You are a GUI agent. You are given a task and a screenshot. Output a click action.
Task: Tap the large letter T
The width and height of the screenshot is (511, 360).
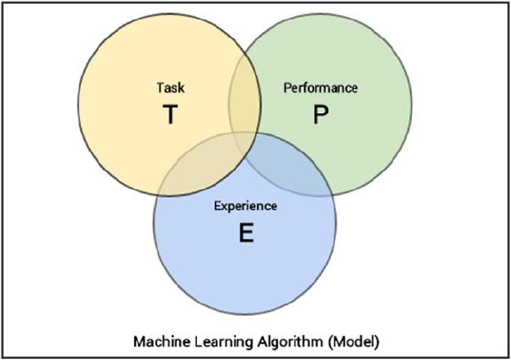point(168,115)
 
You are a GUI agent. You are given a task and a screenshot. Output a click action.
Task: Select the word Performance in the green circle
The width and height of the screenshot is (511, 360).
point(320,86)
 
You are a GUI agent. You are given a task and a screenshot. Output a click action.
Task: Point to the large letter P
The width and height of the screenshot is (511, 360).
point(320,115)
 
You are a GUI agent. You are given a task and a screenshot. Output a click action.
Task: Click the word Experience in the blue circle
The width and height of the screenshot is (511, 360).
point(245,206)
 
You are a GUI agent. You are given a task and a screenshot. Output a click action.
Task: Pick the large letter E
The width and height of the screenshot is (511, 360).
point(245,234)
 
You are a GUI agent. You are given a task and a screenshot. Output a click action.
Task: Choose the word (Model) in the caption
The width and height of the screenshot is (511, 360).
point(351,338)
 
